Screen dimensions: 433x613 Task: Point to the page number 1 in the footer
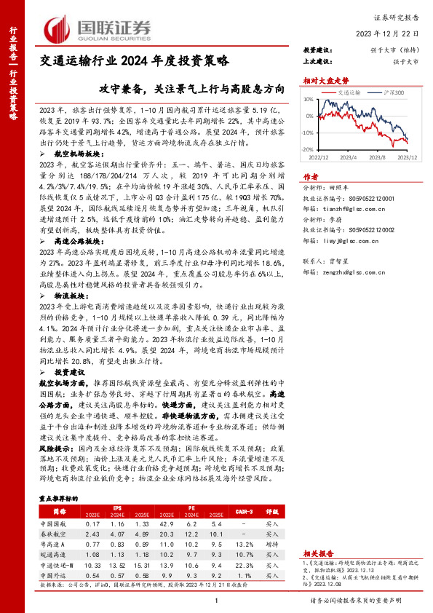[x=217, y=601]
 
